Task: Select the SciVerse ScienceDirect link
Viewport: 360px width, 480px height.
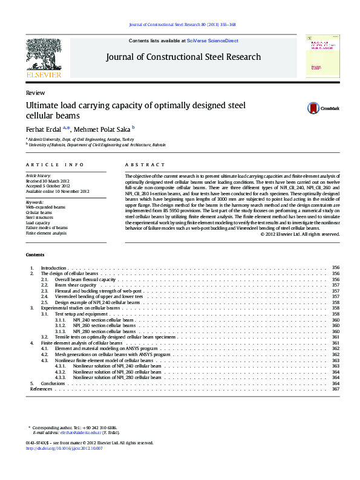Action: point(212,41)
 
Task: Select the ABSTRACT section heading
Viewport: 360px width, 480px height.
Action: point(145,165)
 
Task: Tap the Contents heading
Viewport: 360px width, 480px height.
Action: point(35,254)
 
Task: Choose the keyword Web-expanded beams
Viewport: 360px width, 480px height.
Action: point(45,207)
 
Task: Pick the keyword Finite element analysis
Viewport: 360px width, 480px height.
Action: point(46,233)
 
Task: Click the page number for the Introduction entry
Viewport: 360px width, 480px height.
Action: point(336,267)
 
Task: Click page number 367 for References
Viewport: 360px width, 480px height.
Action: point(336,389)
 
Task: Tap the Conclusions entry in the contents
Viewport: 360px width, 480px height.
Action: point(52,383)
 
